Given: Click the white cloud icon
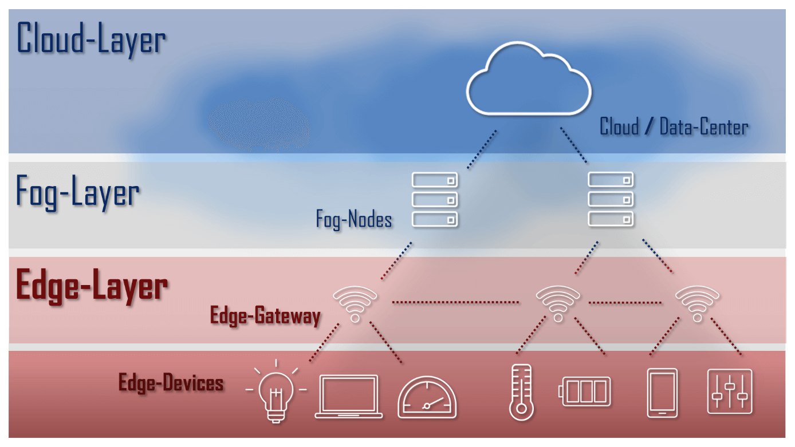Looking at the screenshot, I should [528, 80].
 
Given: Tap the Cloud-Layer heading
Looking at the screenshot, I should [92, 39].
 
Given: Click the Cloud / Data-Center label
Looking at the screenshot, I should [674, 126].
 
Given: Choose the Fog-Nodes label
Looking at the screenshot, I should [354, 219].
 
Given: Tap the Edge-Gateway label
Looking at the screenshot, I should [265, 316].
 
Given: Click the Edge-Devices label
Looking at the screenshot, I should [171, 382].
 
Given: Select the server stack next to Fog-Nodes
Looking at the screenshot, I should [435, 199].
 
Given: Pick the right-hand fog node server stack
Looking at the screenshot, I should [611, 199].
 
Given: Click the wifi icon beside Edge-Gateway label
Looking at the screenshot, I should [355, 304].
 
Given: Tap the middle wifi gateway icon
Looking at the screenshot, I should [557, 303].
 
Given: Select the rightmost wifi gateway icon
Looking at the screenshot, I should [697, 303].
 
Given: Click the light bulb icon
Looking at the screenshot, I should [276, 391].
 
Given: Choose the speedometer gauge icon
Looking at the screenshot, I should [427, 398].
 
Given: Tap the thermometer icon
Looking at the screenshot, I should [521, 392].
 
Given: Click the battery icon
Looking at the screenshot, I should [585, 391].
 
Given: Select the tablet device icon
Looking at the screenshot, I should [662, 393].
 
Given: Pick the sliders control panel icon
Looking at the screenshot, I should [730, 391].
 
